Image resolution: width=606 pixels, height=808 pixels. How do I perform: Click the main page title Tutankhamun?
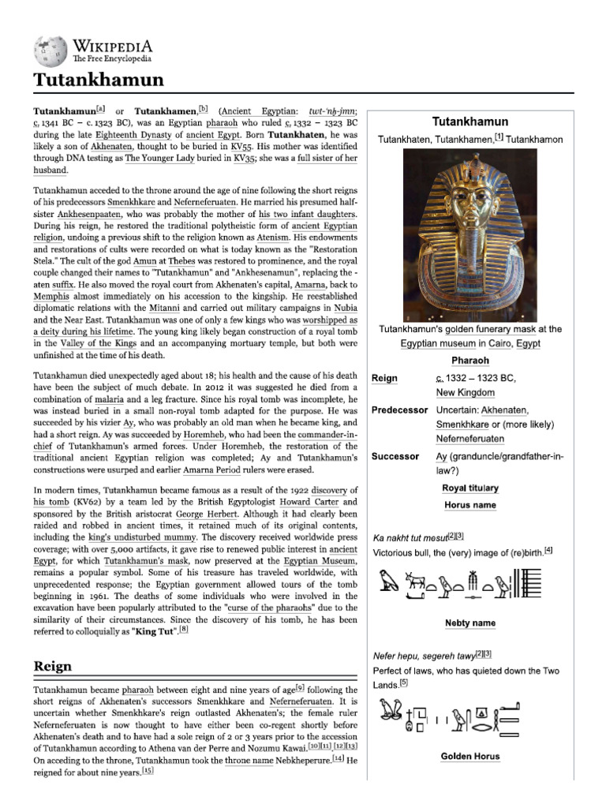[x=98, y=80]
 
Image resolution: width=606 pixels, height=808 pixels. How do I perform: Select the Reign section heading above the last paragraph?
[x=53, y=667]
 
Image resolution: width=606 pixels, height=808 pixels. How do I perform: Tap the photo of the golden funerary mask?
[x=470, y=235]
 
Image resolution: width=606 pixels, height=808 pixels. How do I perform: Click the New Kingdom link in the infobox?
[x=465, y=392]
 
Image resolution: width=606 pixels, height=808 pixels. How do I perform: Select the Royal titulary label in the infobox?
[x=469, y=488]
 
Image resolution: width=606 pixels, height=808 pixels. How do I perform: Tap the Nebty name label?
[x=469, y=623]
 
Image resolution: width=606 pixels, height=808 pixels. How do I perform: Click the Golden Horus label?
[x=469, y=756]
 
